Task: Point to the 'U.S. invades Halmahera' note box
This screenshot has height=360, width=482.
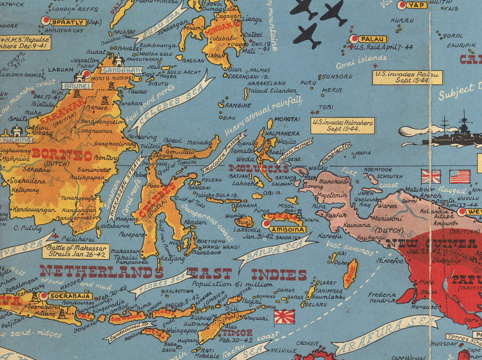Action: click(x=343, y=125)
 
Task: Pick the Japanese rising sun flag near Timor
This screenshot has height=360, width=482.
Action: click(x=284, y=317)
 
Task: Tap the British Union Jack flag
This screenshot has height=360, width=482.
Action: click(x=431, y=176)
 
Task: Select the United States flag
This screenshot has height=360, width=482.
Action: click(x=460, y=176)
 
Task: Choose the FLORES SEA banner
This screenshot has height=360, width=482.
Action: click(x=161, y=283)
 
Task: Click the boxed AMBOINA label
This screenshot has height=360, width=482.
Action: click(x=289, y=230)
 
